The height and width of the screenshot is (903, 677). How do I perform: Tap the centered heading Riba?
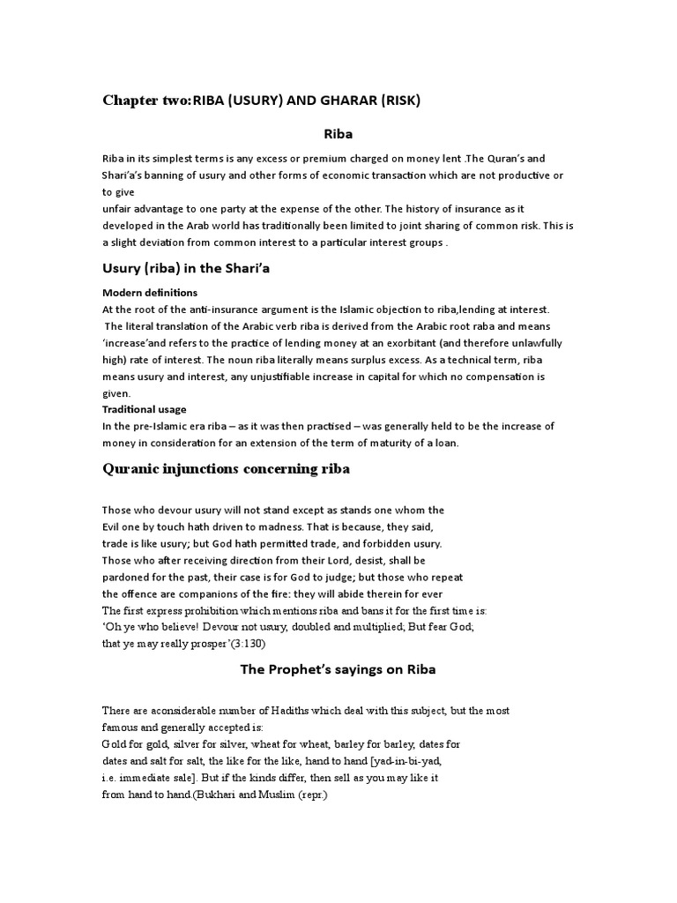click(338, 134)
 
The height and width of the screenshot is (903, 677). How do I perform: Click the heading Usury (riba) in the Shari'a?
click(186, 268)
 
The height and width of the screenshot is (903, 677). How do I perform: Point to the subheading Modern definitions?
click(150, 292)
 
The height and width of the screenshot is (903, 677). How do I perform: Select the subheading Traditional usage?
click(145, 409)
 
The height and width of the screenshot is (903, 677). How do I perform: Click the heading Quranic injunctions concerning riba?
click(226, 469)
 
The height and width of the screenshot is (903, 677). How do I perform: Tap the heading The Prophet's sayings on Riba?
click(338, 669)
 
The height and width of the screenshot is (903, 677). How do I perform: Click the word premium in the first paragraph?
click(331, 159)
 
